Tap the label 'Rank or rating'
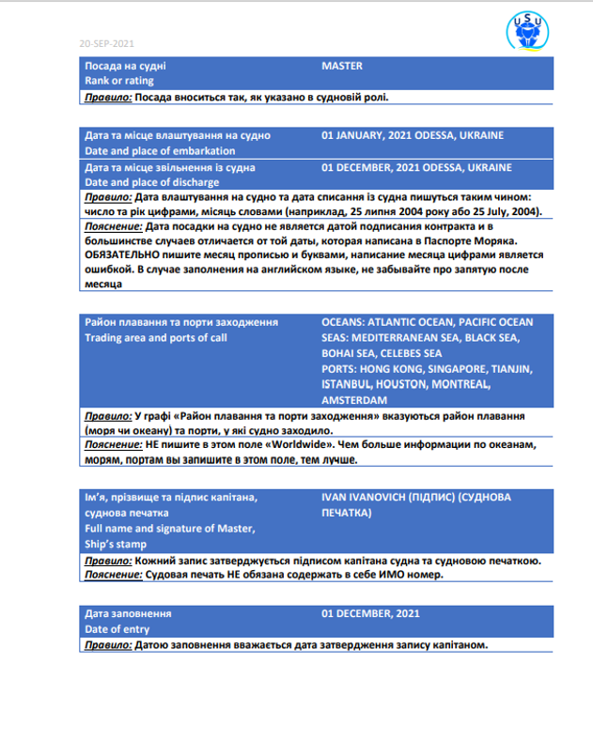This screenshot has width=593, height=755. point(119,81)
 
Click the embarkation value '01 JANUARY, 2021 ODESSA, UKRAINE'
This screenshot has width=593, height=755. point(412,135)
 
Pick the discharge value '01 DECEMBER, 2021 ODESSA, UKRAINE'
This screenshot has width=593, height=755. point(416,167)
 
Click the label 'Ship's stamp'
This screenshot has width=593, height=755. point(115,545)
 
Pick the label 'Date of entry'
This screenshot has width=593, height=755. point(117,629)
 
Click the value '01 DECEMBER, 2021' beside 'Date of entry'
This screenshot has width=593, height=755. point(370,613)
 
